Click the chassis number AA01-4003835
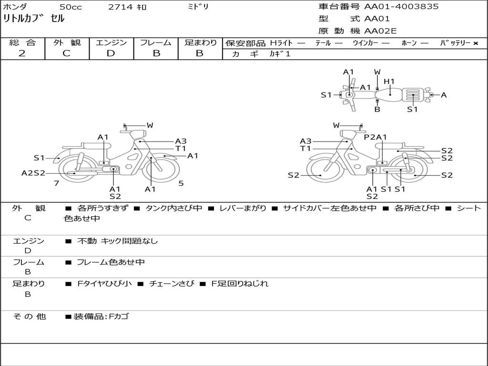(x=401, y=7)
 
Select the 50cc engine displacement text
(x=70, y=7)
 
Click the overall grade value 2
(x=22, y=53)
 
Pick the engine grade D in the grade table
(x=111, y=53)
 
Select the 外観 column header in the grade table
(x=67, y=42)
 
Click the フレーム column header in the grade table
(x=156, y=42)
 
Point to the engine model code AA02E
(x=380, y=31)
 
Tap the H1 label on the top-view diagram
(x=389, y=81)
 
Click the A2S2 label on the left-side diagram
(x=33, y=173)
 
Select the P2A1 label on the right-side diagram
(x=375, y=137)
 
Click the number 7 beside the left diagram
(x=56, y=183)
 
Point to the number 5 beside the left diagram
(x=181, y=183)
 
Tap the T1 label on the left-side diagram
(x=181, y=148)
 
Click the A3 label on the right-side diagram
(x=305, y=141)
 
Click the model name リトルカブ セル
(x=33, y=19)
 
